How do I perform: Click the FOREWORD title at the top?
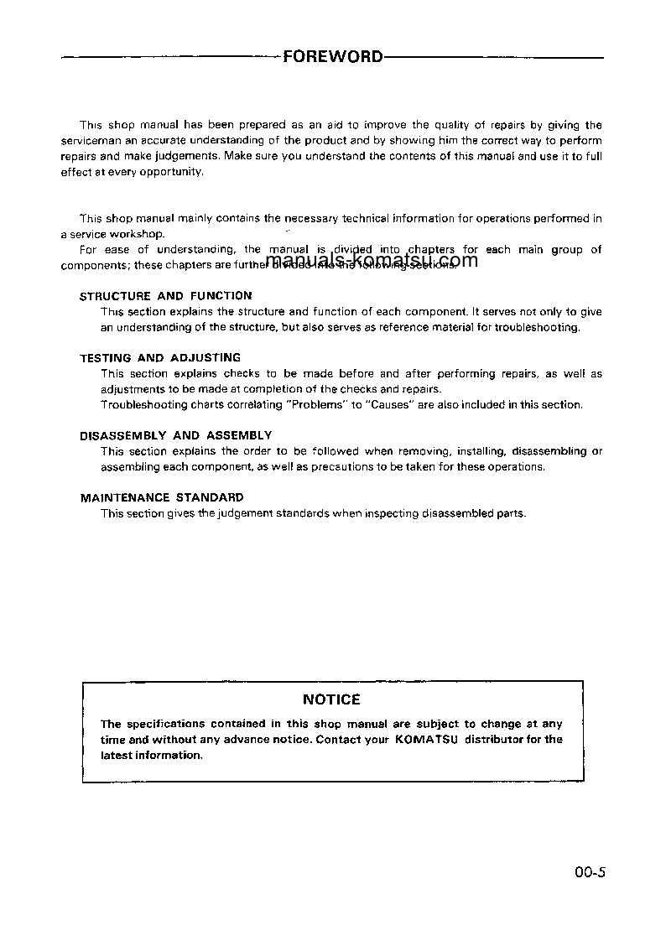pyautogui.click(x=333, y=57)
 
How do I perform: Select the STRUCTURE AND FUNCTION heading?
pyautogui.click(x=165, y=296)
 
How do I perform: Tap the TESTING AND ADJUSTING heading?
pyautogui.click(x=160, y=358)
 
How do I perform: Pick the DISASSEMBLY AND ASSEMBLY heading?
pyautogui.click(x=175, y=435)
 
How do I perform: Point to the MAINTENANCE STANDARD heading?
pyautogui.click(x=162, y=497)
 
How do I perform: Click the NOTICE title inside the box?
pyautogui.click(x=331, y=699)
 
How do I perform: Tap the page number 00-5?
pyautogui.click(x=590, y=872)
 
